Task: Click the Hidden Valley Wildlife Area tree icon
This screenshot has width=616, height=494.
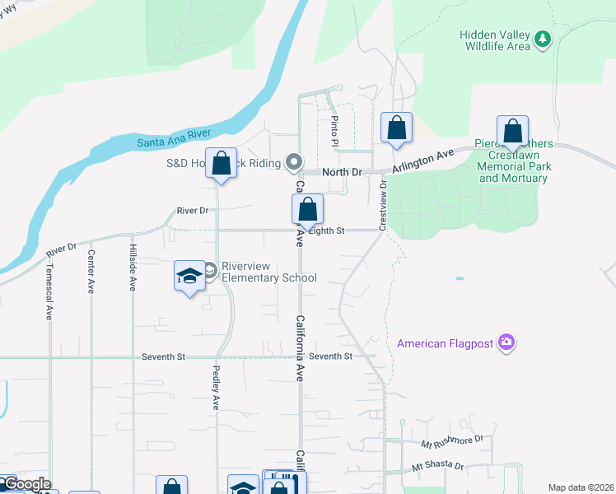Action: (x=542, y=39)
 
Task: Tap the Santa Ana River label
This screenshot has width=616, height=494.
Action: (x=173, y=137)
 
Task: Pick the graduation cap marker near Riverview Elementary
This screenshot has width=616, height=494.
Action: (x=189, y=276)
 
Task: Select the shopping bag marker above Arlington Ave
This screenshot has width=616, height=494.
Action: (x=396, y=128)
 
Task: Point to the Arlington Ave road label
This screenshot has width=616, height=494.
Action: (x=423, y=160)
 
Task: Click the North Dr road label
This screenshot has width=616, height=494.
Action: (x=342, y=172)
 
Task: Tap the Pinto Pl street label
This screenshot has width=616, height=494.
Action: (x=335, y=131)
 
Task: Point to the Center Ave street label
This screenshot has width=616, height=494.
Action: (x=91, y=272)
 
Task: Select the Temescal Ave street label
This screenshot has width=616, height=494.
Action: (x=49, y=291)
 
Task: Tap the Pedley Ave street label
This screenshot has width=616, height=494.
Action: (x=217, y=388)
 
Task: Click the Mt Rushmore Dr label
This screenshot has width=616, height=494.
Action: (x=451, y=441)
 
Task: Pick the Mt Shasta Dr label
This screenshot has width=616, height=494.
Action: (x=438, y=467)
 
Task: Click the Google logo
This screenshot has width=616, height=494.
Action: (x=26, y=483)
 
